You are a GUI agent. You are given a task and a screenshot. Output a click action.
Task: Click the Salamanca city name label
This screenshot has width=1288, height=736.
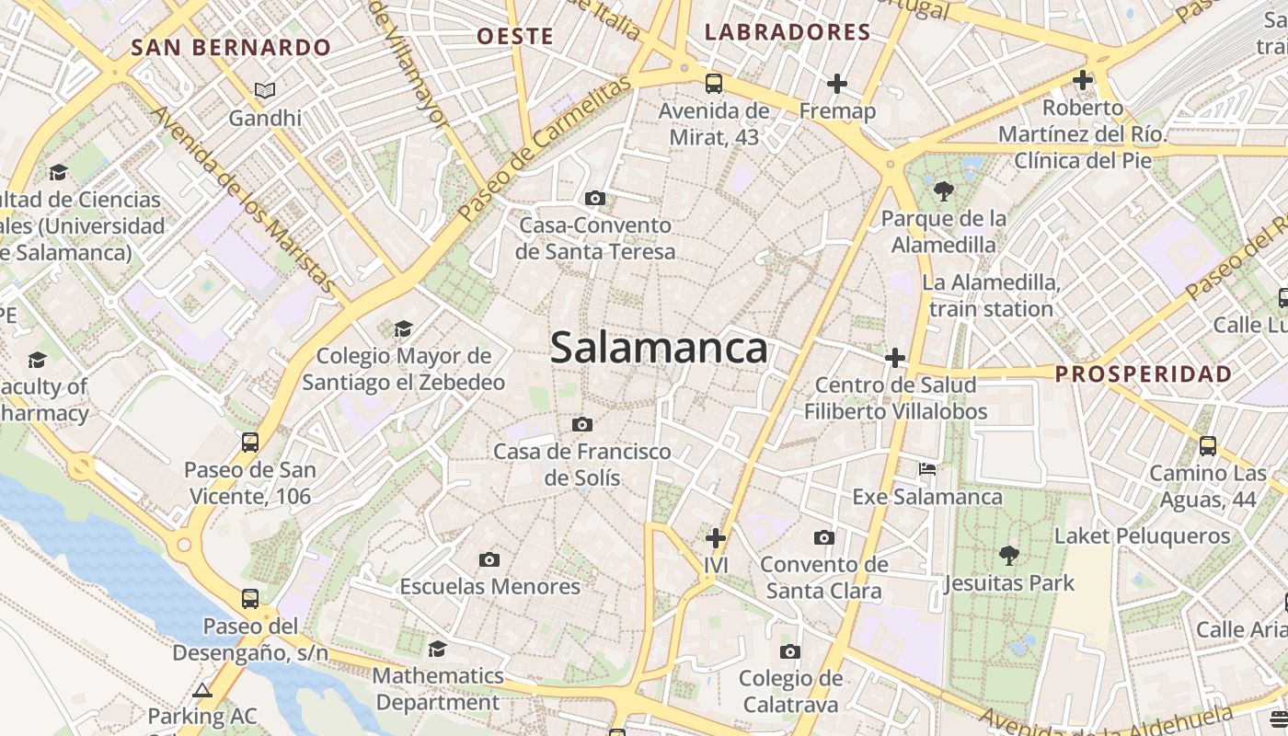tap(659, 348)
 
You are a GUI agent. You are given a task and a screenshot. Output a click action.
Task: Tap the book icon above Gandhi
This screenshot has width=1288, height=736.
tap(265, 90)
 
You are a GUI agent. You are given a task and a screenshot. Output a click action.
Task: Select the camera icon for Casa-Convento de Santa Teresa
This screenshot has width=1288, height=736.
tap(595, 198)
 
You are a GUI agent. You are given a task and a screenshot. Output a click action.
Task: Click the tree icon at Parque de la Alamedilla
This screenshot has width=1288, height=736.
tap(943, 191)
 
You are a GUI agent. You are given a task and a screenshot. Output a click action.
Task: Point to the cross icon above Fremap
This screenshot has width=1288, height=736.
tap(836, 84)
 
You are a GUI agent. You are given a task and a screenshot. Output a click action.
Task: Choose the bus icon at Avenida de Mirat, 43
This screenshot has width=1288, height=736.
tap(714, 84)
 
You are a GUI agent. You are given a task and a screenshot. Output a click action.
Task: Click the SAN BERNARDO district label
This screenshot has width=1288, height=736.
tap(231, 48)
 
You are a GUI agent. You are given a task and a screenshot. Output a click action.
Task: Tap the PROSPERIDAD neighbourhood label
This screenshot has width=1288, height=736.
tap(1143, 374)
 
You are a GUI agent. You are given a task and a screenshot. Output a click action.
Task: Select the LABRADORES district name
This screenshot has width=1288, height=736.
tap(788, 32)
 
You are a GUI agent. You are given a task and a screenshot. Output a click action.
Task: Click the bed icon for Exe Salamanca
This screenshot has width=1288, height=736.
tap(927, 469)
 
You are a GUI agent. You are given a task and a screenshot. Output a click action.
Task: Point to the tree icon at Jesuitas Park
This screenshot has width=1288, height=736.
tap(1009, 555)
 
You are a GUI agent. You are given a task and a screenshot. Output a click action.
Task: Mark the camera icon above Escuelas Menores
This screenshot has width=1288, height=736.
tap(489, 559)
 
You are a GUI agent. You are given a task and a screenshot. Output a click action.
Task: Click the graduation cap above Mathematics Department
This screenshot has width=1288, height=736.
tap(438, 649)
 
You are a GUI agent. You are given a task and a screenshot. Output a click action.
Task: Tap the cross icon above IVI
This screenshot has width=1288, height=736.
tap(716, 537)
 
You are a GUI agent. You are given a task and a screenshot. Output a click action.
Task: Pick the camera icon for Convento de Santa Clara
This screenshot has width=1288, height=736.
tap(824, 537)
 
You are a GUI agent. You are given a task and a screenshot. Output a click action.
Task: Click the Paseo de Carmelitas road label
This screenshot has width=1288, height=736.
tap(546, 147)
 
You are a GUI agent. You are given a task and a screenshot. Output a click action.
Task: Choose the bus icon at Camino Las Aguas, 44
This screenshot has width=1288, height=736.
tap(1208, 446)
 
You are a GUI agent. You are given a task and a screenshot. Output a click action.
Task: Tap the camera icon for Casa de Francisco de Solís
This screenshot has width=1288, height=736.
tap(582, 424)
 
